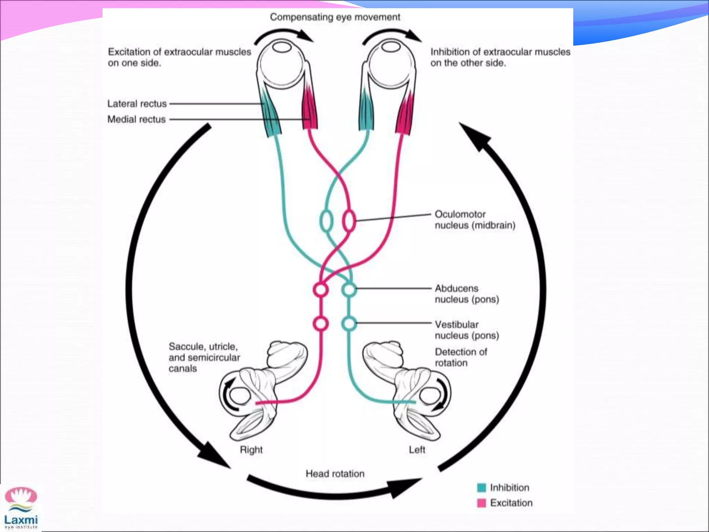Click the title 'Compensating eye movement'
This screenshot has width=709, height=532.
coord(335,17)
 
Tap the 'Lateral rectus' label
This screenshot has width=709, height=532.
coord(137,104)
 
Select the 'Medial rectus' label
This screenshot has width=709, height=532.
coord(136,119)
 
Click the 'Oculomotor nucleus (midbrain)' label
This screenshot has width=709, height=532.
coord(475,220)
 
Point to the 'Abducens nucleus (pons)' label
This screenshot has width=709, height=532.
coord(467,294)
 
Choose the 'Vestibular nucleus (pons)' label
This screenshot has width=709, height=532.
coord(467,330)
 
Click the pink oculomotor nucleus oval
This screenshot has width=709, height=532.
coord(349,220)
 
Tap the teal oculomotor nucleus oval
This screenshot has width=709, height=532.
coord(326,221)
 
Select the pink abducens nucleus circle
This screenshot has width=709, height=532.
coord(321,289)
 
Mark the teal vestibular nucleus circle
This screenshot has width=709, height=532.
coord(349,323)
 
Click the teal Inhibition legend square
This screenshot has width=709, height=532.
coord(481,488)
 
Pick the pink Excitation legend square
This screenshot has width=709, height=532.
coord(481,503)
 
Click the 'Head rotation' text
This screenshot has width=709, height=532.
coord(335,473)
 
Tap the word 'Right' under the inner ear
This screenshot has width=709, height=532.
coord(251,450)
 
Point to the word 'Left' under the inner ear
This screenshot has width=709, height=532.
coord(417,450)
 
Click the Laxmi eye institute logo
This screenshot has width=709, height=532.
coord(21,508)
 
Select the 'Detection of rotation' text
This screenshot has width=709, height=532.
coord(460,357)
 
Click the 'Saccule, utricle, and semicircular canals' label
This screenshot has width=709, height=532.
coord(204,357)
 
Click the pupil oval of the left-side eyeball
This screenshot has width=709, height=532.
coord(281,47)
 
